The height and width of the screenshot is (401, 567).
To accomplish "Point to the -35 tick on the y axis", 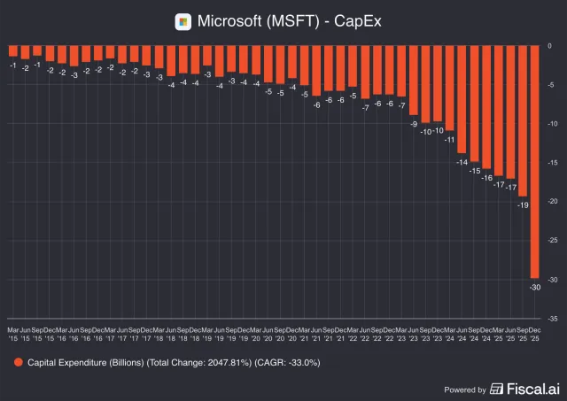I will (x=552, y=318).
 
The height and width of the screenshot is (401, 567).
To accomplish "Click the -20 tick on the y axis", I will (x=552, y=202).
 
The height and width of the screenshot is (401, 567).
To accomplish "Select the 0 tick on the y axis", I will (x=550, y=46).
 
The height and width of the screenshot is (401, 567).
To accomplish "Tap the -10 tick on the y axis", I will (x=552, y=124).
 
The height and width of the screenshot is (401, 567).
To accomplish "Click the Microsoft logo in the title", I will (x=183, y=20).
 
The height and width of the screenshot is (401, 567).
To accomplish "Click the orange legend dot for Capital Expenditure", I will (x=18, y=362).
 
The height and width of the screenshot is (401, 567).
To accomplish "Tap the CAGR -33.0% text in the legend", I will (x=287, y=362).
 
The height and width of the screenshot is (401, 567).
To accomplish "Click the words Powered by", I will (x=464, y=389).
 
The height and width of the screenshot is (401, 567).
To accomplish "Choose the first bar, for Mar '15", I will (x=13, y=51).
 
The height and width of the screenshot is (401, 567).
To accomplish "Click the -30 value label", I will (x=535, y=287).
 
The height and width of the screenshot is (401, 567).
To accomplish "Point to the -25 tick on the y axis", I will (x=552, y=240).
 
